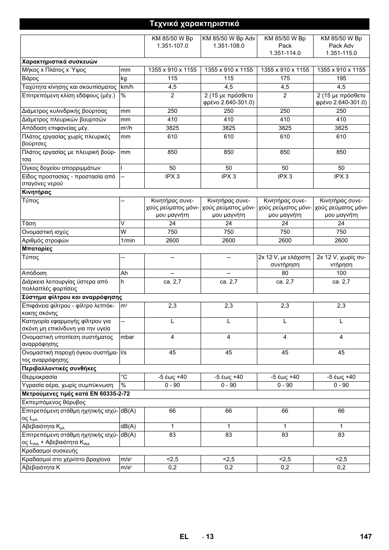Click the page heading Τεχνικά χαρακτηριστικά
point(194,24)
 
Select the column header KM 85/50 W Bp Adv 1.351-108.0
point(229,42)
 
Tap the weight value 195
point(341,78)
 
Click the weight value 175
point(285,78)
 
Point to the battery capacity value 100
point(341,273)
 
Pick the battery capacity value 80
point(285,273)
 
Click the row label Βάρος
point(31,78)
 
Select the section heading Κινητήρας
point(36,192)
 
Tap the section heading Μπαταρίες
point(37,249)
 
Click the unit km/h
point(127,87)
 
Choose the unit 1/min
point(128,240)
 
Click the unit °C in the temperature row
point(124,377)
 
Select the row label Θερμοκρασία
point(40,377)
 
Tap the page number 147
point(366,537)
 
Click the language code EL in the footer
point(184,537)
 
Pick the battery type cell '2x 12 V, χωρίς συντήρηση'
point(341,261)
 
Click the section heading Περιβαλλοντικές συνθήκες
point(59,368)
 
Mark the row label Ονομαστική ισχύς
point(45,232)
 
